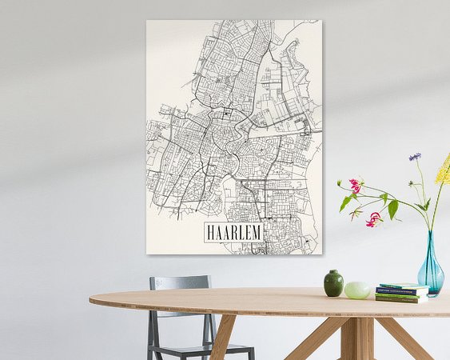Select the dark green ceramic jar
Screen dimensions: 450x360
click(333, 283)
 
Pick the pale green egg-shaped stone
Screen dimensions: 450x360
click(357, 290)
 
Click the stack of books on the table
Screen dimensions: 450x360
click(401, 293)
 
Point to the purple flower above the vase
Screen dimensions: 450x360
click(415, 157)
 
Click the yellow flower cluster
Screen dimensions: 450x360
click(443, 170)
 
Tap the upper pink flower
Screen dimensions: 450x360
click(355, 186)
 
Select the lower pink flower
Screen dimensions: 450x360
click(373, 219)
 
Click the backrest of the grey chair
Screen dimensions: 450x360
click(180, 282)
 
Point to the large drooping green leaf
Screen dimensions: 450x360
click(392, 209)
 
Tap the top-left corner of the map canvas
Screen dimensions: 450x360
click(148, 22)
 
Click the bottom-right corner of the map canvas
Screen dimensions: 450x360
click(321, 254)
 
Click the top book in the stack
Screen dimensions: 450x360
click(402, 286)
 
